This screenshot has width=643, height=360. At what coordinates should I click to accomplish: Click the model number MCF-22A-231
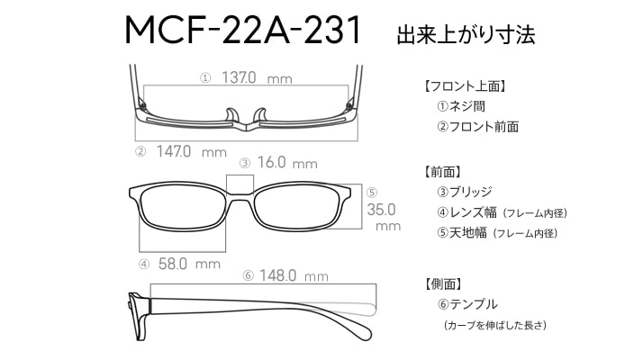tap(243, 30)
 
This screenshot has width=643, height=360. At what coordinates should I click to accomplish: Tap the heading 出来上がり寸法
tap(466, 34)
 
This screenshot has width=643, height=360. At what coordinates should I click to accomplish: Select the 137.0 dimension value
tap(239, 77)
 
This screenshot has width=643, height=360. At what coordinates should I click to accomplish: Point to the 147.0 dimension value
tap(174, 151)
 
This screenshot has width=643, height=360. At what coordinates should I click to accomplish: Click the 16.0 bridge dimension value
tap(271, 162)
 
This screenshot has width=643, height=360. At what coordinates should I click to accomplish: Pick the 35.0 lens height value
tap(381, 210)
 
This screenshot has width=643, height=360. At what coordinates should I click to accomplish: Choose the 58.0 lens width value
tap(173, 264)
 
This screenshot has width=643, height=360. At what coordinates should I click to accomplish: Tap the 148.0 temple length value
tap(277, 275)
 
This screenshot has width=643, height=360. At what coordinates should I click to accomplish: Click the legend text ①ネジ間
tap(461, 106)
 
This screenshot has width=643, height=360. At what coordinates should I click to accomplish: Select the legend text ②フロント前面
tap(477, 127)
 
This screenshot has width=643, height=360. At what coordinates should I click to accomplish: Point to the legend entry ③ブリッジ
tap(464, 192)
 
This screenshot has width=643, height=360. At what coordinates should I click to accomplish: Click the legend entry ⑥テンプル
tap(467, 304)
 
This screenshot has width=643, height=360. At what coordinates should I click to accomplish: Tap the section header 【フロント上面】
tap(464, 86)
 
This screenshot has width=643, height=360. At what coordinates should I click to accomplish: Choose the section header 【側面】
tap(443, 283)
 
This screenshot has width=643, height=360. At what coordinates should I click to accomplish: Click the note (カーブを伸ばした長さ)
tap(495, 325)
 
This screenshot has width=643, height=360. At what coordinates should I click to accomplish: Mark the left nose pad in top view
tap(231, 115)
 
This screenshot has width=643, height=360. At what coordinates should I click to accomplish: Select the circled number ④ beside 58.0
tap(144, 264)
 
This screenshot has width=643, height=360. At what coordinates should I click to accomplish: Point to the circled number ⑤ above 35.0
tap(372, 193)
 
